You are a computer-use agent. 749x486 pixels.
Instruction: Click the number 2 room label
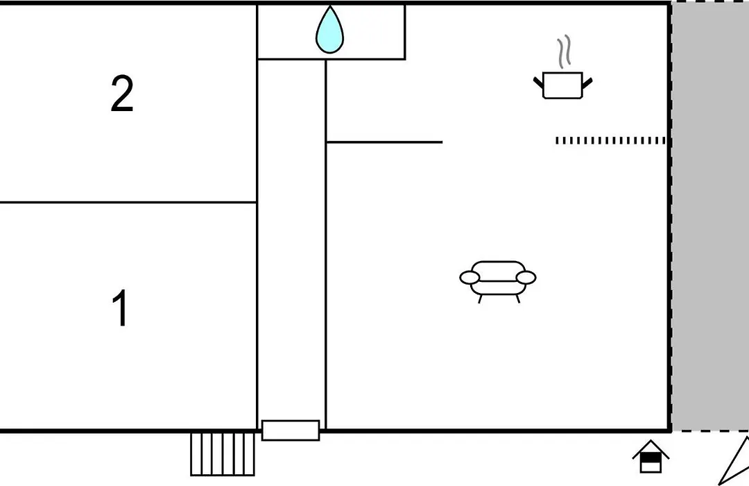click(122, 94)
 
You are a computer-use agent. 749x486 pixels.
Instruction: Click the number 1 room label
click(121, 308)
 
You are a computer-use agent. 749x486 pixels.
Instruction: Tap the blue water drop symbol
click(329, 30)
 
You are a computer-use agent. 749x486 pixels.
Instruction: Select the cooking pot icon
click(562, 85)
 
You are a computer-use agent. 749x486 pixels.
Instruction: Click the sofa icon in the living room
click(498, 282)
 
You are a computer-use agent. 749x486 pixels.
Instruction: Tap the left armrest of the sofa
click(470, 278)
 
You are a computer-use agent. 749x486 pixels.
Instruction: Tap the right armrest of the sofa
click(526, 278)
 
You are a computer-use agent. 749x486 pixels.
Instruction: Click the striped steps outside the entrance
click(223, 455)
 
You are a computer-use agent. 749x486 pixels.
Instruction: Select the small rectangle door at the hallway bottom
click(291, 430)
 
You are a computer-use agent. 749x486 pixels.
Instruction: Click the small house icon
click(651, 456)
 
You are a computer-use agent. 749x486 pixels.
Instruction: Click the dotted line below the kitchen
click(610, 141)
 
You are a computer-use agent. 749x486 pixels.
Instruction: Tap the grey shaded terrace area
click(710, 216)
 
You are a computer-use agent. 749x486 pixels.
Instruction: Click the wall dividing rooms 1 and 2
click(128, 202)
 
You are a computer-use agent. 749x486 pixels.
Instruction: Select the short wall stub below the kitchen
click(384, 142)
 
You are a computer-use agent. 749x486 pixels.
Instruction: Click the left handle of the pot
click(538, 83)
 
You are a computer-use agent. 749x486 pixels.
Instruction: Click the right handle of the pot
click(587, 83)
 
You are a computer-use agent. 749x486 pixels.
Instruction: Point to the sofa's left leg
click(480, 299)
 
